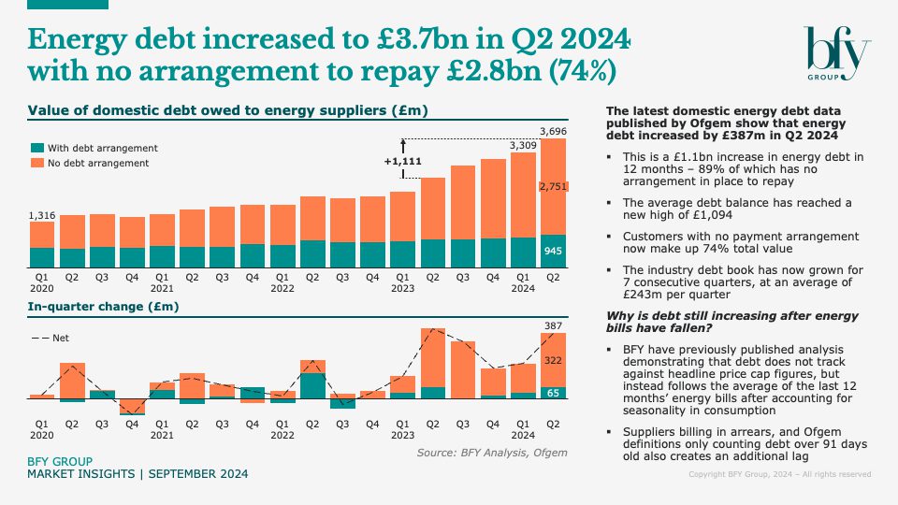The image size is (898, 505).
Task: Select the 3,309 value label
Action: (523, 146)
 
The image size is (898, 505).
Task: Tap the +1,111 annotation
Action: (402, 162)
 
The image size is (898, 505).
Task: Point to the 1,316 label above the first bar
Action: (43, 216)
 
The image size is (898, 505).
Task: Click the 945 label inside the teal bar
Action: (554, 251)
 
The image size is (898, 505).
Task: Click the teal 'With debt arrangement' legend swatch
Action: (37, 149)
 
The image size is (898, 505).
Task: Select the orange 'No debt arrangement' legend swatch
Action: (37, 164)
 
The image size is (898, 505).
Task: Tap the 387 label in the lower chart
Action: (554, 325)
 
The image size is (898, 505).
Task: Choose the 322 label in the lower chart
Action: (554, 360)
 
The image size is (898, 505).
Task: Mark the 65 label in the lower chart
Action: (554, 393)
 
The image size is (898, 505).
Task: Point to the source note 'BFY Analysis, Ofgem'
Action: (492, 454)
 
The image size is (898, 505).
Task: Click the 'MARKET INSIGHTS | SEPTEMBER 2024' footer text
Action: (138, 475)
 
